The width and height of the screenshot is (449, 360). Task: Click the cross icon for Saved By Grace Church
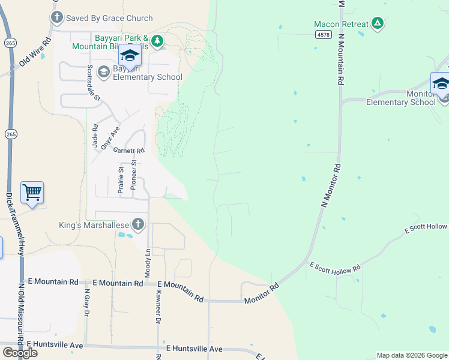[57, 18]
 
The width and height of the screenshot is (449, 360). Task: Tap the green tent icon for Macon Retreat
[377, 24]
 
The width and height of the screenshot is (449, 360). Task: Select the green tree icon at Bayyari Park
[157, 41]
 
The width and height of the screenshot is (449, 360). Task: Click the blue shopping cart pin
[32, 193]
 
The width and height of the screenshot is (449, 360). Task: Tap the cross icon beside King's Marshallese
[138, 225]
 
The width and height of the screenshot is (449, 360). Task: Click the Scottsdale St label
[94, 82]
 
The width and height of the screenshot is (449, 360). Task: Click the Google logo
[20, 353]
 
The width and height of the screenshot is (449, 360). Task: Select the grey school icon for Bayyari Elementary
[104, 72]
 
